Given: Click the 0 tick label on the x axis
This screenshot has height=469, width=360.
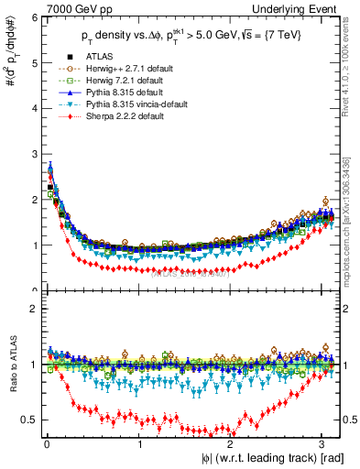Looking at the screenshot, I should coord(46,444).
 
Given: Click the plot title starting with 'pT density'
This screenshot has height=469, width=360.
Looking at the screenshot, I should coord(189,40).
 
